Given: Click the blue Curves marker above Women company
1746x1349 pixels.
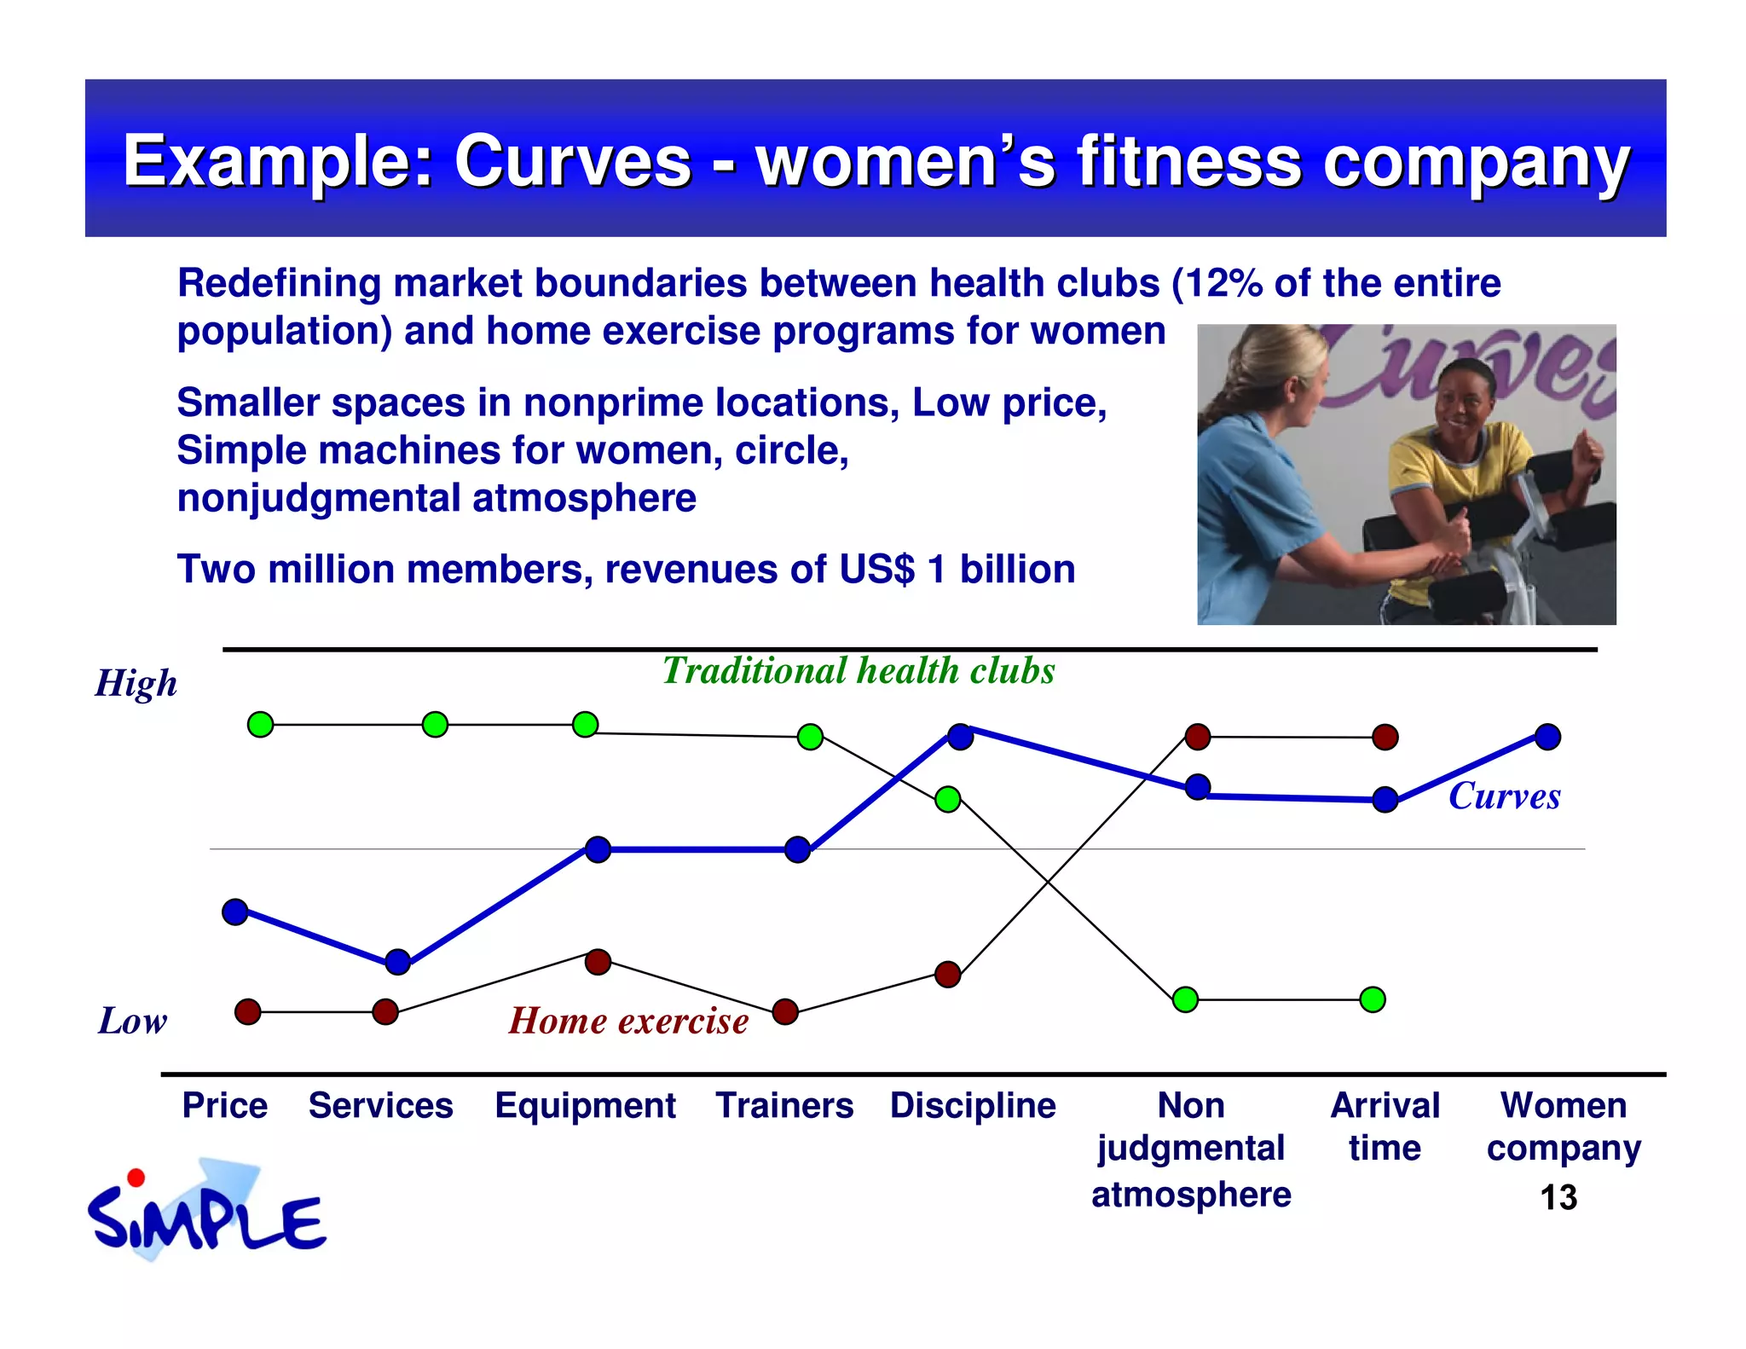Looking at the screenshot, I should click(1547, 736).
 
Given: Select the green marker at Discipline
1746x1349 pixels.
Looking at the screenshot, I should click(948, 799).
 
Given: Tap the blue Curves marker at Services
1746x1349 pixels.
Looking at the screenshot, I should click(398, 962).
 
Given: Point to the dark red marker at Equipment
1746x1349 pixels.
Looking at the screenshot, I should click(598, 962).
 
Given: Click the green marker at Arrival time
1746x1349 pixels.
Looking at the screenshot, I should click(1373, 999).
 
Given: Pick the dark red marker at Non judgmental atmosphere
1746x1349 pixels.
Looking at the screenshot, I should click(1198, 736).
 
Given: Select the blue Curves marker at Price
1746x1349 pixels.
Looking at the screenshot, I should click(235, 912).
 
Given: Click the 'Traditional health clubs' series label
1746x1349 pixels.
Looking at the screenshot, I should click(859, 671).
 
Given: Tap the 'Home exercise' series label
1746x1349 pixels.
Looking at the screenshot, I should click(628, 1021).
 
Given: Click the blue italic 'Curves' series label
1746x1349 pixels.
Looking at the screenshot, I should click(1505, 796).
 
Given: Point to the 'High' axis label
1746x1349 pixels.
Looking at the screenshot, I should click(136, 684).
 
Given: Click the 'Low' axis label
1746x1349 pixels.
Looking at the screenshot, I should click(133, 1021).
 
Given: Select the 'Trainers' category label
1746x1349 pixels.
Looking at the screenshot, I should click(784, 1106).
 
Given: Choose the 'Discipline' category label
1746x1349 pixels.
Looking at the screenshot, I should click(973, 1106).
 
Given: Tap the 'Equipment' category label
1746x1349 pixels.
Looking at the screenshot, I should click(586, 1106).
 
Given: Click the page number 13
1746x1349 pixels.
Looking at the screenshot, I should click(1558, 1198).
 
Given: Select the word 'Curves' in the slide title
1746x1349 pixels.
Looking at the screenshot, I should click(572, 161).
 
